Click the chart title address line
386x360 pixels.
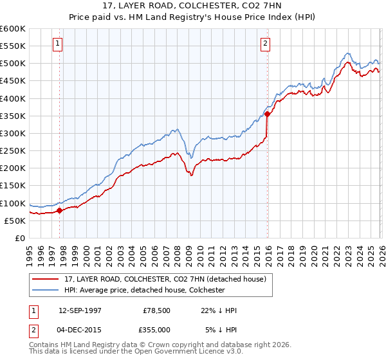[x=192, y=6]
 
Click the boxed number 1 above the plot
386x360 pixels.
[x=58, y=44]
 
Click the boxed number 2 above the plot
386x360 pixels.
[x=265, y=44]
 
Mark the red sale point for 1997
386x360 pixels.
[x=60, y=210]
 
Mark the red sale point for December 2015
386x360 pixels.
[x=267, y=114]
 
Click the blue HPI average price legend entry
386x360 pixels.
[x=143, y=290]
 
